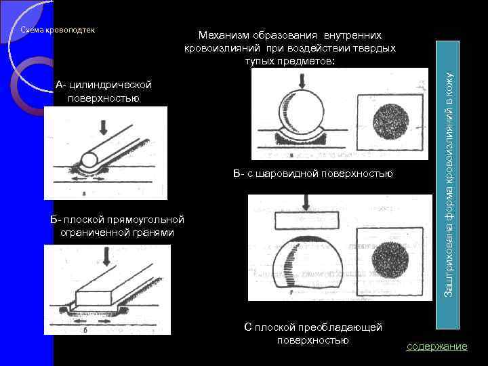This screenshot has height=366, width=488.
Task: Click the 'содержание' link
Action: pyautogui.click(x=436, y=346)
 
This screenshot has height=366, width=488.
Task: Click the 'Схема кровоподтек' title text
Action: pyautogui.click(x=57, y=30)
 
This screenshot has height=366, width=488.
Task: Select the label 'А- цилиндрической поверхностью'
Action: pyautogui.click(x=104, y=91)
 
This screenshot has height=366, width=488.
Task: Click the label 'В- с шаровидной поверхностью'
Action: pyautogui.click(x=312, y=174)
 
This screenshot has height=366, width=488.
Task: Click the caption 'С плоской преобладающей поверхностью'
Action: pyautogui.click(x=312, y=333)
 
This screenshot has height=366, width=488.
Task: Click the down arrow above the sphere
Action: pyautogui.click(x=302, y=81)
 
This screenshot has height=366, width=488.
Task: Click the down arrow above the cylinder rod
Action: pyautogui.click(x=103, y=127)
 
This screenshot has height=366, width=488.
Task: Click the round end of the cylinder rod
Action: pyautogui.click(x=88, y=161)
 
